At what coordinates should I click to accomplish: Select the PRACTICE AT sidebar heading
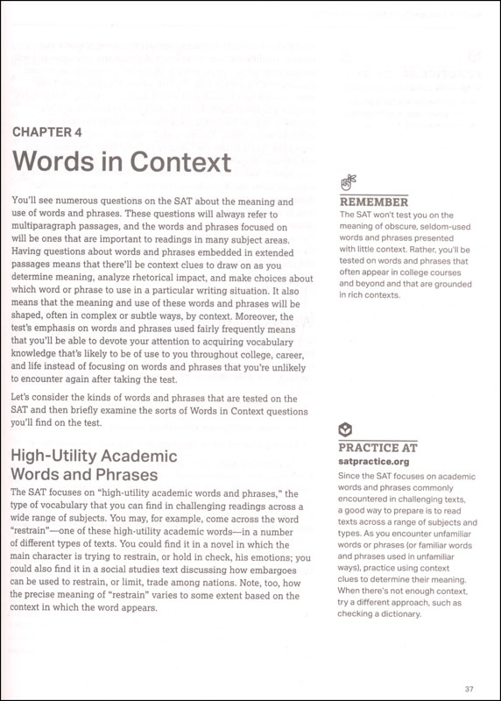tap(378, 446)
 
